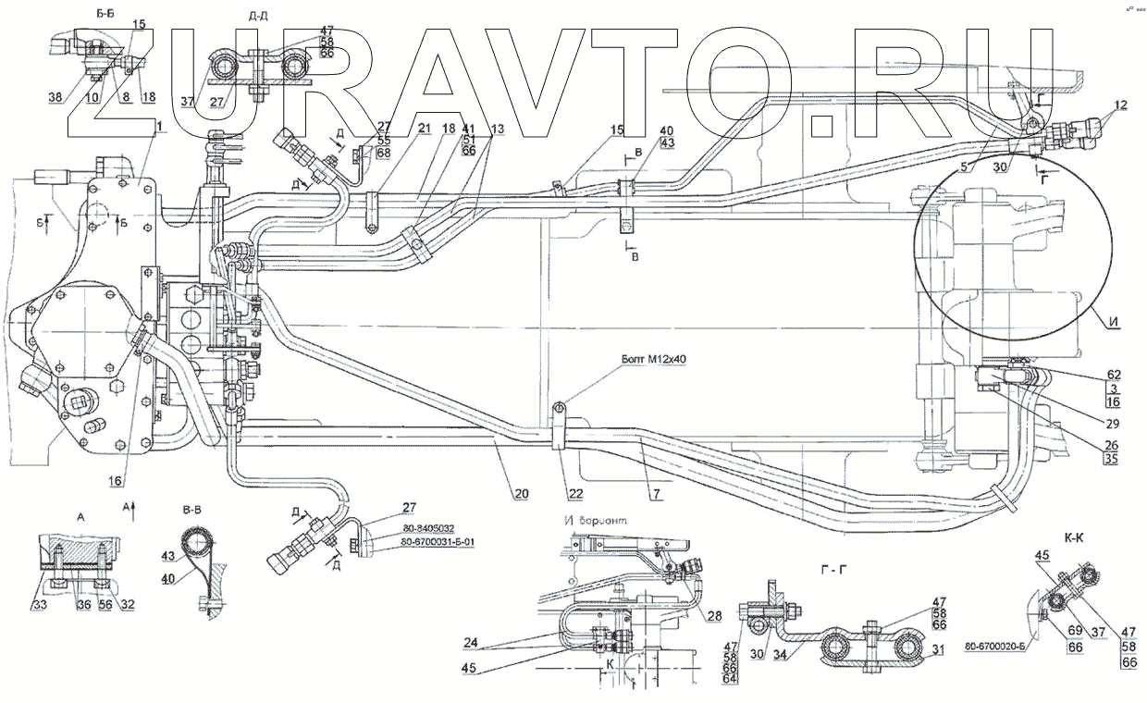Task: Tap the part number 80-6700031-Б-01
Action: coord(438,543)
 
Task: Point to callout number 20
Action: coord(522,495)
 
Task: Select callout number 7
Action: coord(655,495)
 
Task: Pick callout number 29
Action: coord(1112,425)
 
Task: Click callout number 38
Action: coord(55,97)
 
